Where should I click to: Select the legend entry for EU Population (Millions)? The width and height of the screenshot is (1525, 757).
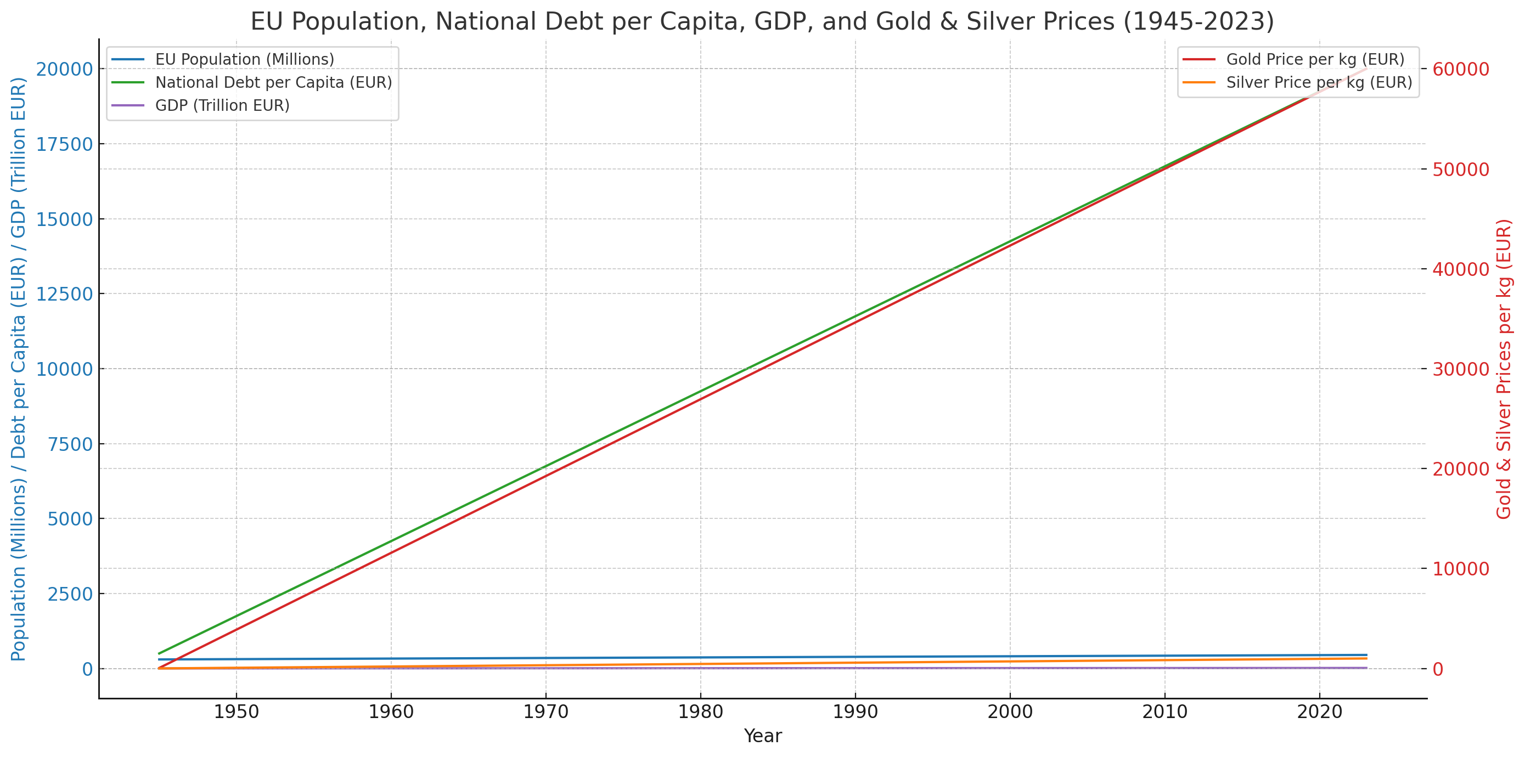click(x=244, y=59)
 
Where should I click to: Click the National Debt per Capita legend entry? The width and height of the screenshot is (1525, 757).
click(x=273, y=82)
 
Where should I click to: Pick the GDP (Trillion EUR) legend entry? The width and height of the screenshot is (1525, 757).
click(x=222, y=105)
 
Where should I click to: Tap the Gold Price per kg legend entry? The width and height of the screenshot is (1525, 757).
click(x=1315, y=59)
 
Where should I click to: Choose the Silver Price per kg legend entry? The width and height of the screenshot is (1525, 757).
click(x=1318, y=82)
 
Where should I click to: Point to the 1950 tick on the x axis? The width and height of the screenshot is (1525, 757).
click(x=236, y=711)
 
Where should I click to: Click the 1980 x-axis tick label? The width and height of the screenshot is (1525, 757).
click(x=700, y=711)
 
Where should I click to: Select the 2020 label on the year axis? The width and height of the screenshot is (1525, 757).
click(x=1320, y=711)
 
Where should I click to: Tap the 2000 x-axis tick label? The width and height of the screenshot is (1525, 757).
click(x=1010, y=711)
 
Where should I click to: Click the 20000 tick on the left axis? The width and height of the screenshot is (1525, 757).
click(x=65, y=69)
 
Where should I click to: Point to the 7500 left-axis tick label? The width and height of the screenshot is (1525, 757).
click(x=70, y=444)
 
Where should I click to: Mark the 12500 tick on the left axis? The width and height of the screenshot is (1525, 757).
click(x=65, y=294)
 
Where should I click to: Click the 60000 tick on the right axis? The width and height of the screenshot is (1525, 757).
click(x=1460, y=69)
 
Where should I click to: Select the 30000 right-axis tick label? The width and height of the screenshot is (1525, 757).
click(x=1460, y=369)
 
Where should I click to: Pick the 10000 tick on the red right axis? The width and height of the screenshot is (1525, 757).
click(x=1460, y=569)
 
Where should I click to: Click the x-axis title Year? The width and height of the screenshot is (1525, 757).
click(x=763, y=736)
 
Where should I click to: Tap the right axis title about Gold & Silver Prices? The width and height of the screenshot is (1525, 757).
click(x=1504, y=369)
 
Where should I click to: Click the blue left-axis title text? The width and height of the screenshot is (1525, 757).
click(x=19, y=369)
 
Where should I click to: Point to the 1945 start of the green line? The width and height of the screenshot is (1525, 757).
click(x=159, y=653)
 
